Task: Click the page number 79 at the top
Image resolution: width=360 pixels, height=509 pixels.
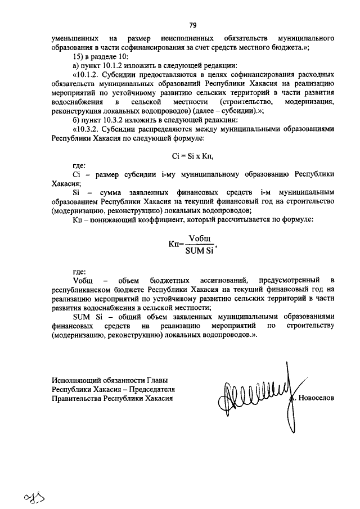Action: coord(192,25)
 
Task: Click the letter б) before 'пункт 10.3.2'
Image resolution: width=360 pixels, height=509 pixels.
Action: coord(77,119)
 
